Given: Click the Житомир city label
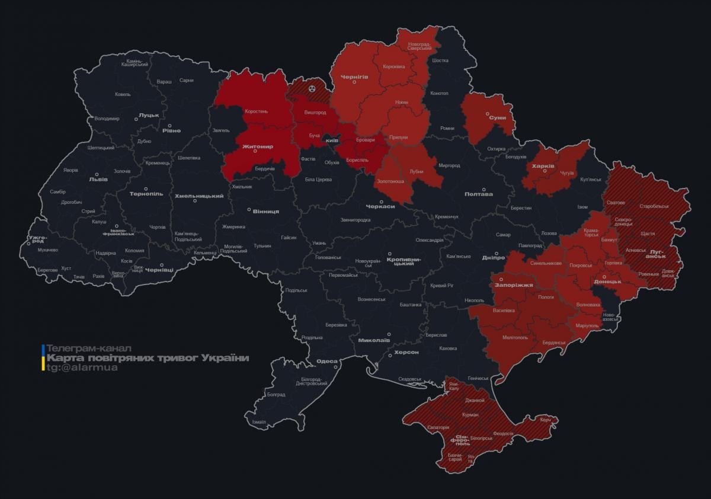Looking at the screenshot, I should pyautogui.click(x=257, y=146).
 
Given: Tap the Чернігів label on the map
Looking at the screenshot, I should pyautogui.click(x=354, y=77).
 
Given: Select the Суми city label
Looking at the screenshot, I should pyautogui.click(x=497, y=117).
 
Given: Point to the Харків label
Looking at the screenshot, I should pyautogui.click(x=543, y=166).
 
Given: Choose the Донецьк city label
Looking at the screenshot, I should pyautogui.click(x=607, y=282).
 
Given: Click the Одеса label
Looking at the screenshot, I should pyautogui.click(x=326, y=361).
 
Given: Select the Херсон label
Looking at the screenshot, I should pyautogui.click(x=406, y=352).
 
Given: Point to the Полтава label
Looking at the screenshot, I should pyautogui.click(x=479, y=194).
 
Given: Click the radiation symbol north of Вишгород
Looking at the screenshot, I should pyautogui.click(x=312, y=88).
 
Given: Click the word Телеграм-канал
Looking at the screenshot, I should pyautogui.click(x=89, y=348).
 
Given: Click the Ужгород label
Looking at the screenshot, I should pyautogui.click(x=36, y=239).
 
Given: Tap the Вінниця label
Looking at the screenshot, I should pyautogui.click(x=265, y=212).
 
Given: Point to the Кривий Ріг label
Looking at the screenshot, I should pyautogui.click(x=442, y=286).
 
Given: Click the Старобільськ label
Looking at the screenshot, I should pyautogui.click(x=654, y=206).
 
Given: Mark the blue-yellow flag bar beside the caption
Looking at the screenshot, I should pyautogui.click(x=43, y=357).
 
